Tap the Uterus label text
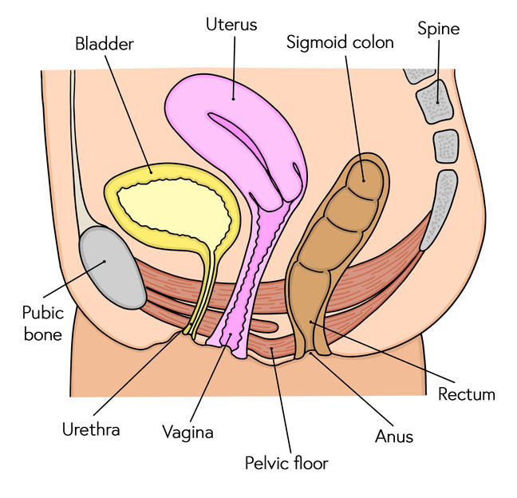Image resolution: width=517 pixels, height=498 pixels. pos(231,24)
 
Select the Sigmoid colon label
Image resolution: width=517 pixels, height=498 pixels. pos(340,42)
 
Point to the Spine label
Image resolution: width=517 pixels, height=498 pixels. pos(439,30)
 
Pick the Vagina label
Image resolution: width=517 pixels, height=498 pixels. pos(187,433)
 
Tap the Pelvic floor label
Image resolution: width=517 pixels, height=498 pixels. pos(286,462)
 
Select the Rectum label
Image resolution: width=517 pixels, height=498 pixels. pos(467,393)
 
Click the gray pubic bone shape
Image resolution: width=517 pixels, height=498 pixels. pos(112,267)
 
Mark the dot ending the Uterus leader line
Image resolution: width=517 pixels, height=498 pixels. pos(233,99)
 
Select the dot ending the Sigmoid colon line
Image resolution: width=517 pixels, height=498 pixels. pos(361,179)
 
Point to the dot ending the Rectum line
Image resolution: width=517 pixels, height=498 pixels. pos(313,321)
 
